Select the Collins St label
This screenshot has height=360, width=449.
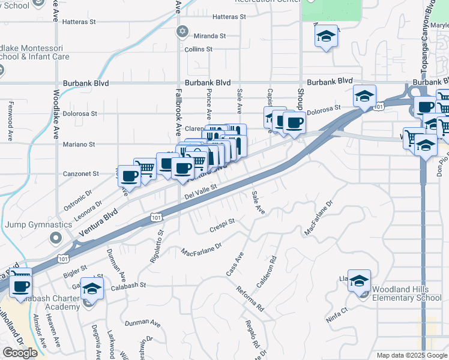(x=199, y=49)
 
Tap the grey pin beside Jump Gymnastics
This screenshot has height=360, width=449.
(x=55, y=238)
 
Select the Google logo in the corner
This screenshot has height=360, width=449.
(x=20, y=353)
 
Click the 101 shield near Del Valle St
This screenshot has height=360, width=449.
(x=155, y=217)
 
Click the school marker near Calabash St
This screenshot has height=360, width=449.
(x=92, y=289)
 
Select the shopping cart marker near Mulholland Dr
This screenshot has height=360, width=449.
(x=20, y=287)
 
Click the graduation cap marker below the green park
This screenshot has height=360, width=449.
(x=327, y=37)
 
